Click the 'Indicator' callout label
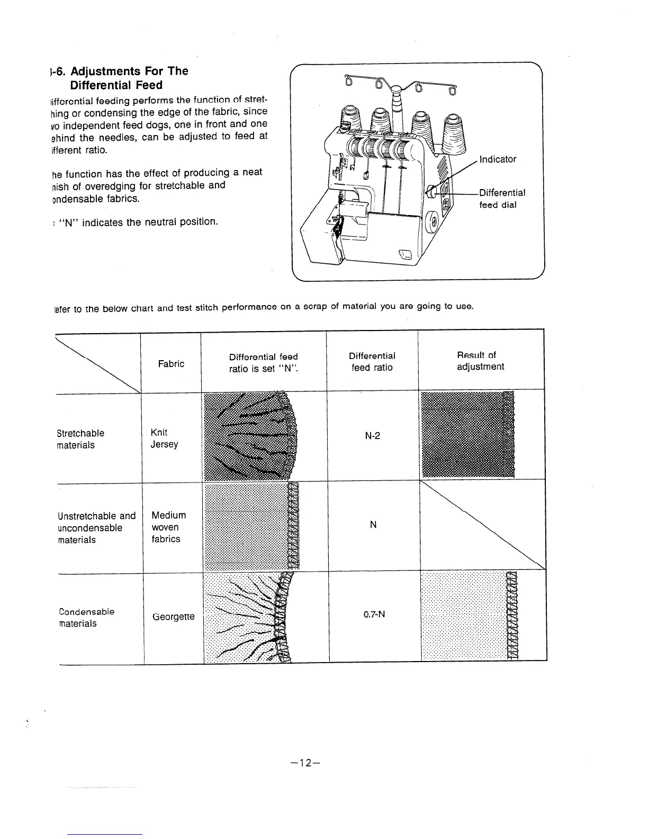click(x=497, y=159)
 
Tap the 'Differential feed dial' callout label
click(x=502, y=199)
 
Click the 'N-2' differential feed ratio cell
click(x=373, y=436)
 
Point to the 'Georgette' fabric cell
click(x=173, y=617)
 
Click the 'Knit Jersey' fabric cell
click(x=164, y=439)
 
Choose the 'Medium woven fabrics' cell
click(x=168, y=527)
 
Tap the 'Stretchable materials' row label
click(x=80, y=439)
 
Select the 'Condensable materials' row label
click(x=87, y=618)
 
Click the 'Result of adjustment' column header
click(x=480, y=361)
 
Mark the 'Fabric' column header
click(x=171, y=364)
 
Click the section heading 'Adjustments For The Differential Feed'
click(x=122, y=78)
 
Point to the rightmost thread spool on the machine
click(x=452, y=129)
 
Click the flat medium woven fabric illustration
click(x=251, y=527)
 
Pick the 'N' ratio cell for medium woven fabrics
click(x=373, y=525)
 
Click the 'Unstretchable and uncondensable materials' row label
click(x=96, y=528)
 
